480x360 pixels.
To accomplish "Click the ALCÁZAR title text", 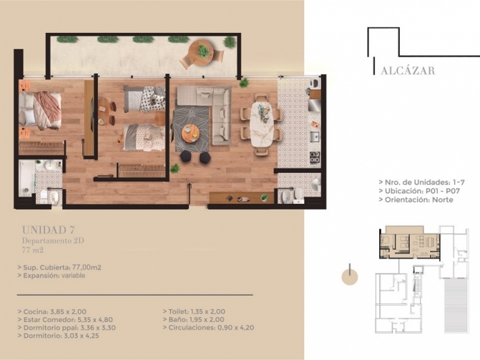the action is tap(408, 70).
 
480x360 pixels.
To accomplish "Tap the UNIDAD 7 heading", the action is tap(49, 230).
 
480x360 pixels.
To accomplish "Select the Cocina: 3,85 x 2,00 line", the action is tap(52, 311).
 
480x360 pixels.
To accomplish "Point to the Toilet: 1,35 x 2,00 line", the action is tap(194, 311).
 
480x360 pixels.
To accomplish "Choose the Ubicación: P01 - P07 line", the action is tap(419, 191).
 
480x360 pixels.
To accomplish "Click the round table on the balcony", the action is tap(200, 52).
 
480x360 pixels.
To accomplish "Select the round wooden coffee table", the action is tap(190, 133).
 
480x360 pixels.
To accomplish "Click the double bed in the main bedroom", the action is tap(40, 110).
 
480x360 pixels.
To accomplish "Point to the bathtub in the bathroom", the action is tap(26, 178).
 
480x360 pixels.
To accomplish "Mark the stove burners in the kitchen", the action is tap(314, 157).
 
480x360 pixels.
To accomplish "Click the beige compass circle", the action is tap(350, 277).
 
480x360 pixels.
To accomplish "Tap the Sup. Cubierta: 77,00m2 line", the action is tap(59, 267).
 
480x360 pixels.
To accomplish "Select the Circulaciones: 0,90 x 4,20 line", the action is tap(208, 328).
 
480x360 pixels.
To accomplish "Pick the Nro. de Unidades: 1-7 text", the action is tap(422, 182).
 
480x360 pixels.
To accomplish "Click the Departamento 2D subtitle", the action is tap(53, 241).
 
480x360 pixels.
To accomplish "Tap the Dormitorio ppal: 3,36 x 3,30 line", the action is tap(67, 328).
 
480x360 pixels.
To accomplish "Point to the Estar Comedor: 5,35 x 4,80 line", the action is tap(65, 320).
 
